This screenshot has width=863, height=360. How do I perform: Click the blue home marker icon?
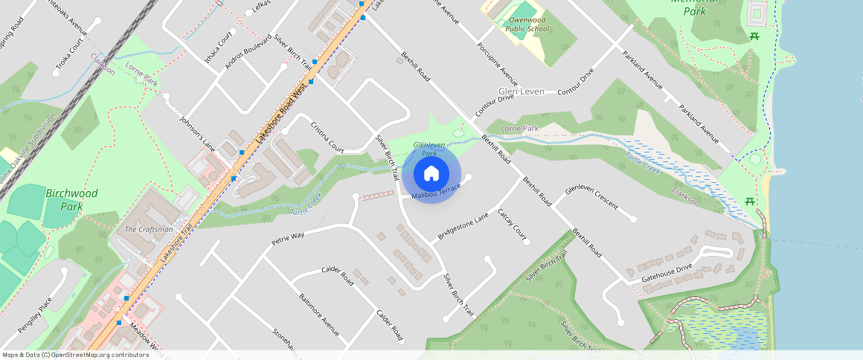click(x=431, y=174)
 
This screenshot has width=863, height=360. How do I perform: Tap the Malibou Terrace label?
click(x=436, y=191)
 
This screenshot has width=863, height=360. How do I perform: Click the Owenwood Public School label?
click(x=527, y=25)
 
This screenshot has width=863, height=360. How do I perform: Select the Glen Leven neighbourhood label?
click(x=522, y=91)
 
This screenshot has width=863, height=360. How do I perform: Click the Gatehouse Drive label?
click(x=667, y=272)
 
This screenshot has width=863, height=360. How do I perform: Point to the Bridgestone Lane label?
click(x=463, y=225)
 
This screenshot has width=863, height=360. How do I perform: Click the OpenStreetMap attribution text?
click(x=75, y=355)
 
